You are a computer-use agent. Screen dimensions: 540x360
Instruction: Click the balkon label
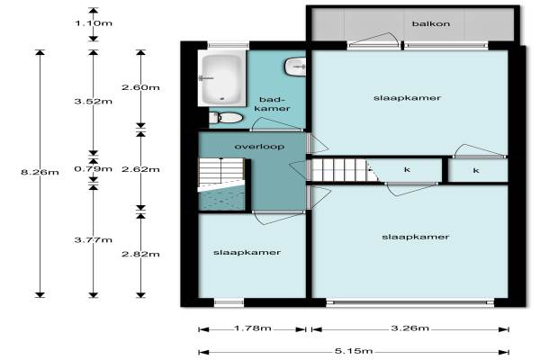tap(431, 23)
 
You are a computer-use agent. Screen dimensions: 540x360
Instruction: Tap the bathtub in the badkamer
tap(221, 78)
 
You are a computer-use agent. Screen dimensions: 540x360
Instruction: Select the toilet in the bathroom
tap(226, 118)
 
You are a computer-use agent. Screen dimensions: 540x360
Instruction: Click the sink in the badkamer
tap(295, 67)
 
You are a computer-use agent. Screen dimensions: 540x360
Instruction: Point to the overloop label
tap(260, 147)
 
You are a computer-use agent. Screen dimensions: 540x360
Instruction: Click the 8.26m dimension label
tap(40, 172)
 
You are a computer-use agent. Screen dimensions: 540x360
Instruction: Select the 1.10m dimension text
tap(94, 23)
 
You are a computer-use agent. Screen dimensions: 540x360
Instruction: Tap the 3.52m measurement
tap(94, 102)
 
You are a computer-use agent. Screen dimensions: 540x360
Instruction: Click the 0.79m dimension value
tap(94, 169)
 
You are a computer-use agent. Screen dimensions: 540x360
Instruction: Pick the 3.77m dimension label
tap(94, 239)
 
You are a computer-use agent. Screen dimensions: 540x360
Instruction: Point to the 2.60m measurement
tap(140, 87)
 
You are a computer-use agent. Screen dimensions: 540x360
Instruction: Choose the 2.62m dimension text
tap(140, 169)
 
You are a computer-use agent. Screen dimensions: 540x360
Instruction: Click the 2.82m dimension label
tap(140, 254)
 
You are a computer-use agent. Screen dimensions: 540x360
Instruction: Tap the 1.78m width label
tap(253, 328)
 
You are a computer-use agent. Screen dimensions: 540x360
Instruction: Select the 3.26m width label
tap(410, 328)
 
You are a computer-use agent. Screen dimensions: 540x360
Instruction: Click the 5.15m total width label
tap(354, 351)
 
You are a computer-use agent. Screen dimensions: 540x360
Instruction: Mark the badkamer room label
tap(274, 104)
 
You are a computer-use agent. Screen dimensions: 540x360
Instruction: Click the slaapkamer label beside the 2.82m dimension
tap(247, 253)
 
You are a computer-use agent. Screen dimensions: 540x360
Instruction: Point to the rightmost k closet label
tap(476, 170)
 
